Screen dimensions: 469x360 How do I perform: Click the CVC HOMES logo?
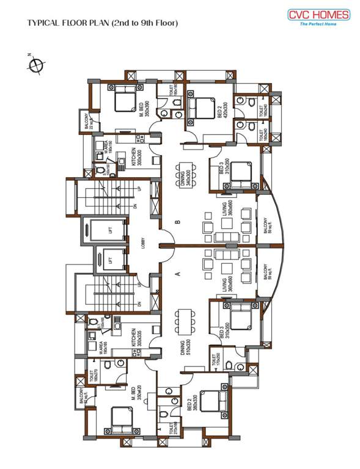pos(320,17)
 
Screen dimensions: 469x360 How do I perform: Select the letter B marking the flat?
pos(178,223)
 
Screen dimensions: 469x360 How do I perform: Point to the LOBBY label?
pos(142,242)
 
